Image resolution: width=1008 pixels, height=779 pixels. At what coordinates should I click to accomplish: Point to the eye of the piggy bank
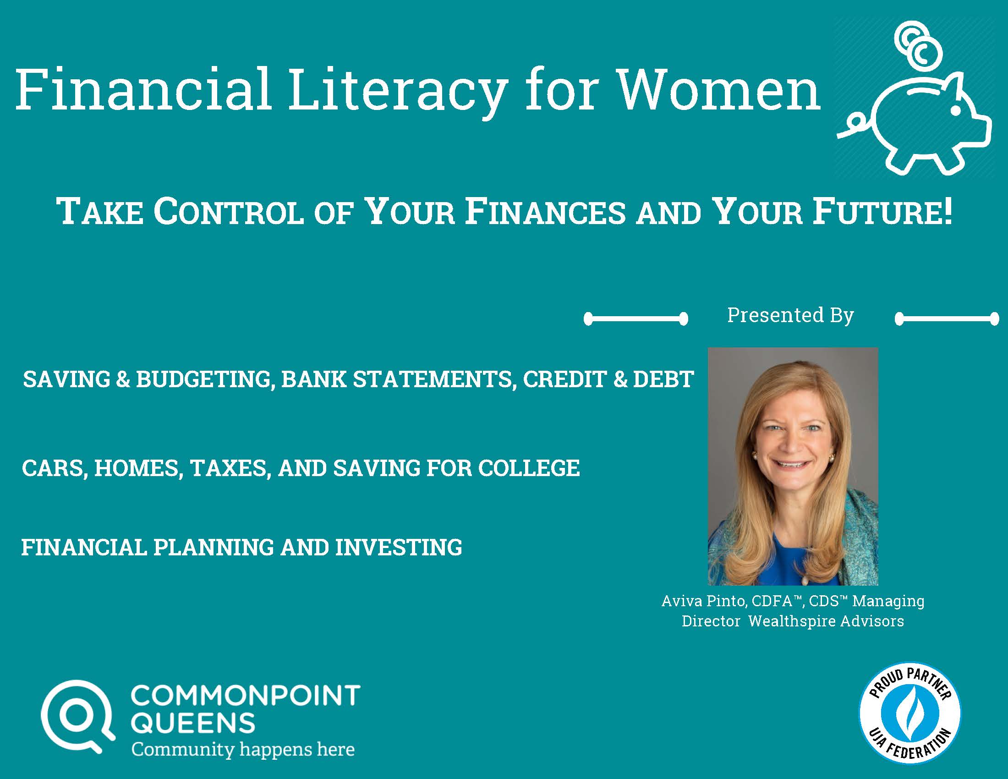956,111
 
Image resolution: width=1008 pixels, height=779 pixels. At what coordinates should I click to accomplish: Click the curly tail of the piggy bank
854,127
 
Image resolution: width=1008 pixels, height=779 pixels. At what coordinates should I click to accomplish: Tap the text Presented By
790,316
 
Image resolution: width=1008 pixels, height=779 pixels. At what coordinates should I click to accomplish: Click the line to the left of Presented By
636,318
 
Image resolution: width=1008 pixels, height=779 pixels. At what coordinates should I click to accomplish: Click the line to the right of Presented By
947,318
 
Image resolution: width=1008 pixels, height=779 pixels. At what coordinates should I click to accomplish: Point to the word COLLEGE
528,468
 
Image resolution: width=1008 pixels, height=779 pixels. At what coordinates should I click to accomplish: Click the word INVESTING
398,547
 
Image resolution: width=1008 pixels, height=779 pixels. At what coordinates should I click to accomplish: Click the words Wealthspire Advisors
826,621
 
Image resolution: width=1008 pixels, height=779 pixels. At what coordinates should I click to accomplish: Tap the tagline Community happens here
243,749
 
